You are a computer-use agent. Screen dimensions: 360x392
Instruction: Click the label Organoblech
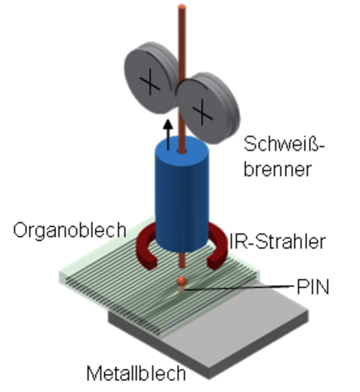point(69,231)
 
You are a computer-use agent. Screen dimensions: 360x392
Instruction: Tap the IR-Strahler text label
point(277,241)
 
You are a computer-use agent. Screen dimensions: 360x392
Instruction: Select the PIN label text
point(313,287)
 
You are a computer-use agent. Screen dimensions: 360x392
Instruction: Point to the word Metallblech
point(136,373)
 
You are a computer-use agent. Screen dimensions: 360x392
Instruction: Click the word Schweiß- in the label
point(284,144)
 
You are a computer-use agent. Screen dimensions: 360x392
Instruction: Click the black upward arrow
point(168,135)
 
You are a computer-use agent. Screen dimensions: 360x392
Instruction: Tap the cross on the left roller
point(150,82)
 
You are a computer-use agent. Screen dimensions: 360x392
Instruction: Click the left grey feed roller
point(150,78)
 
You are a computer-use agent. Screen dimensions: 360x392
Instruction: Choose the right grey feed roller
point(208,108)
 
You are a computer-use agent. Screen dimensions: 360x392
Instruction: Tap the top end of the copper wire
point(182,7)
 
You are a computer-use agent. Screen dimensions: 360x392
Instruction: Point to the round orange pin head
point(182,281)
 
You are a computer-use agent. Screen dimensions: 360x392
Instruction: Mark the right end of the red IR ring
point(214,265)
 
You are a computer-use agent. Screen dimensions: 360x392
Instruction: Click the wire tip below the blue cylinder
point(182,267)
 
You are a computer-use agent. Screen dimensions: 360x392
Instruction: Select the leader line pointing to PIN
point(238,287)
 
